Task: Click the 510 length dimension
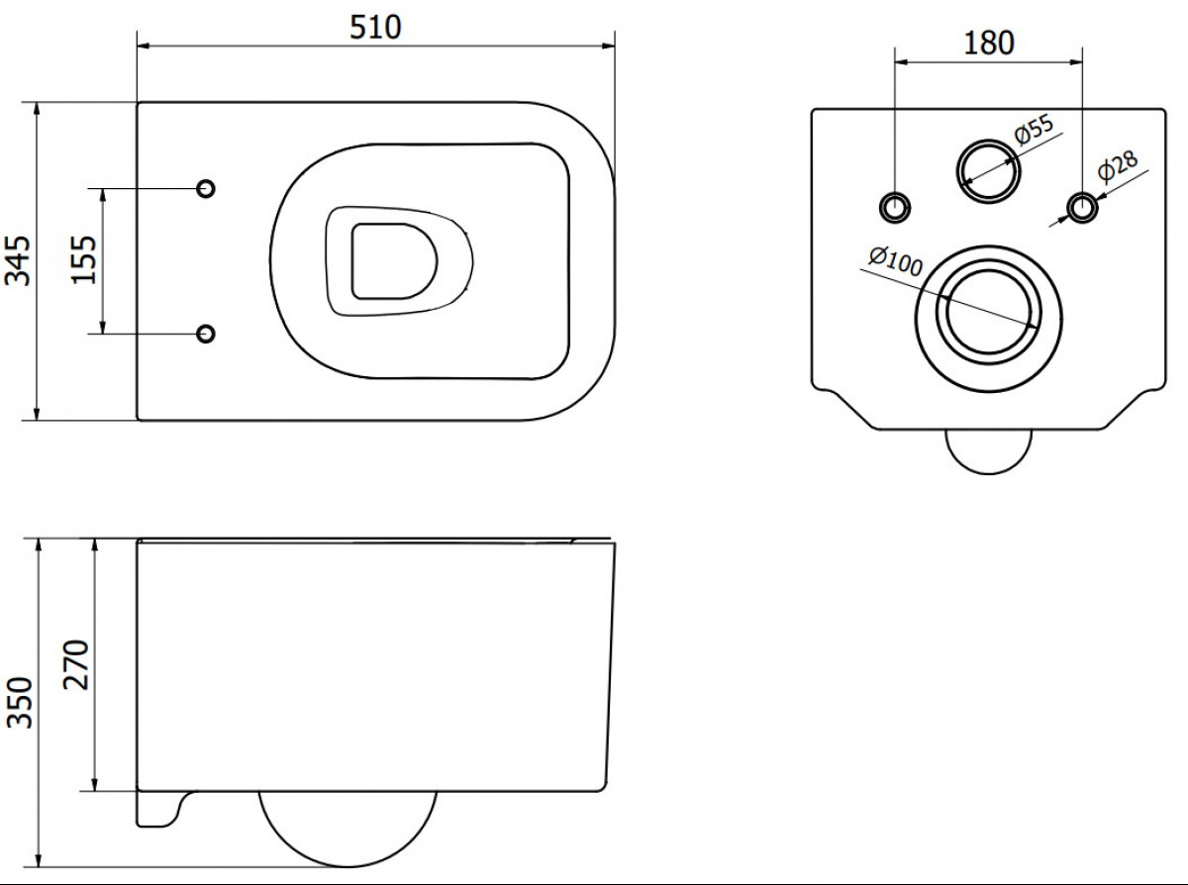(375, 28)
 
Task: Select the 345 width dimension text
(17, 260)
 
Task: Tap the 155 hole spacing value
(84, 260)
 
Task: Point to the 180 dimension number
(989, 43)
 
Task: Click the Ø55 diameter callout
(1034, 130)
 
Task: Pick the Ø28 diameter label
(1118, 166)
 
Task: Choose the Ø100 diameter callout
(895, 261)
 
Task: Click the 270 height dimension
(75, 665)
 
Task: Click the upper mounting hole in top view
(206, 188)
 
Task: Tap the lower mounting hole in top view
(206, 334)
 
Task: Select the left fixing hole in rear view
(895, 207)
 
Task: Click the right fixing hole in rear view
(1082, 207)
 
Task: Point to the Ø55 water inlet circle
(988, 141)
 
